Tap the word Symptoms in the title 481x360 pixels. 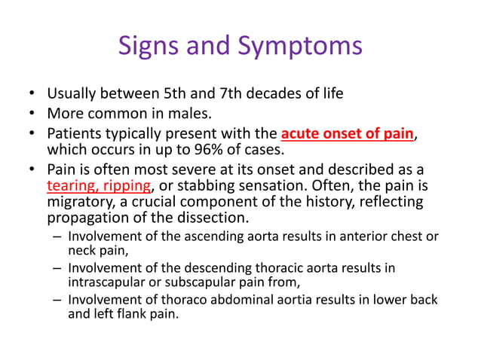coord(300,47)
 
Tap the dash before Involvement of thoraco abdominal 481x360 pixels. coord(58,301)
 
